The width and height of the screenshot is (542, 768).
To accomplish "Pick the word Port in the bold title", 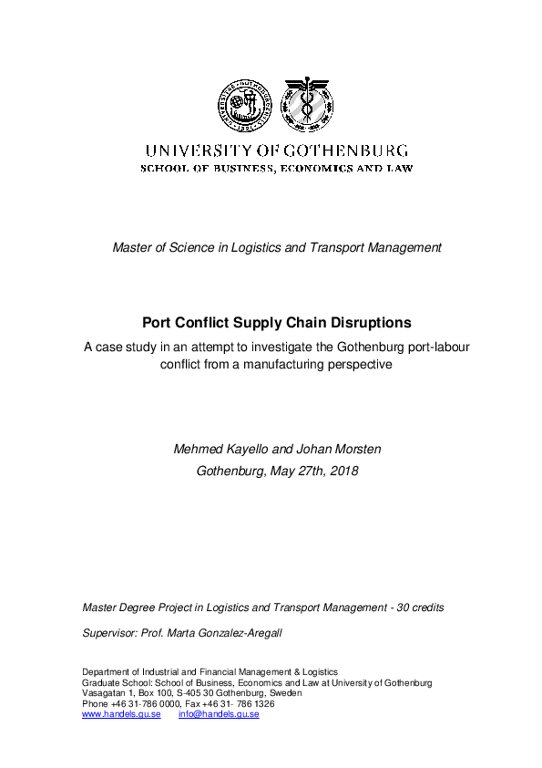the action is pyautogui.click(x=157, y=322).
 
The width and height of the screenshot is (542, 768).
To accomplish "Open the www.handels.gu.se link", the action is pyautogui.click(x=121, y=714).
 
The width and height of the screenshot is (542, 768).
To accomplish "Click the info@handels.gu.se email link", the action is pyautogui.click(x=219, y=714).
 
